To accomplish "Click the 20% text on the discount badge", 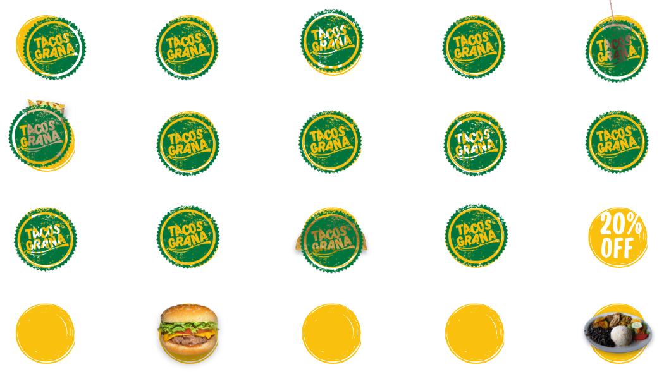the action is (x=620, y=224).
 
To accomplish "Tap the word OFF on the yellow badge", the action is (x=617, y=248).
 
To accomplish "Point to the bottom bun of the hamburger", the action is (x=188, y=348).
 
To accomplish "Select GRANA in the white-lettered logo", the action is (x=474, y=150).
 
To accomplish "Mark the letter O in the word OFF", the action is (x=606, y=248).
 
